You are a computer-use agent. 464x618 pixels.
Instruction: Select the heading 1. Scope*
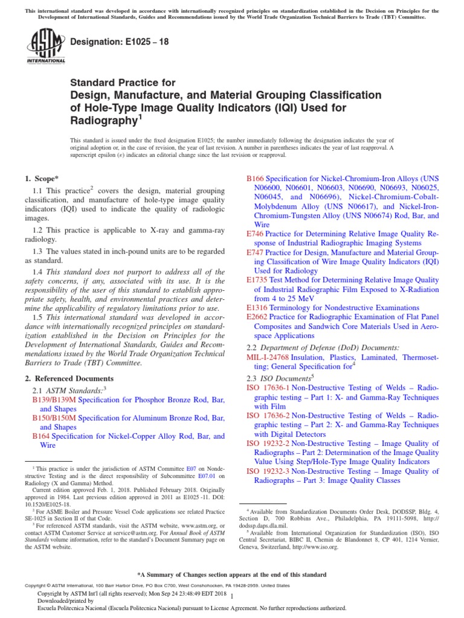[42, 178]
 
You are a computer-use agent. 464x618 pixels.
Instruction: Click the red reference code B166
[256, 179]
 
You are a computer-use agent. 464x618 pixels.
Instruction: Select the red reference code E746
[256, 234]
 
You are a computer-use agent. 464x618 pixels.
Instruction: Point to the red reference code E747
[256, 252]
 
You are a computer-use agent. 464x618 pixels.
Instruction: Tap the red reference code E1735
[258, 280]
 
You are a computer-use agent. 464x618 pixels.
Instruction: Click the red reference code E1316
[258, 308]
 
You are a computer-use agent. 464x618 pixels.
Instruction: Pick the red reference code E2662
[258, 317]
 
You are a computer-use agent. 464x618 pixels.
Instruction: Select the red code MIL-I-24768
[268, 357]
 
